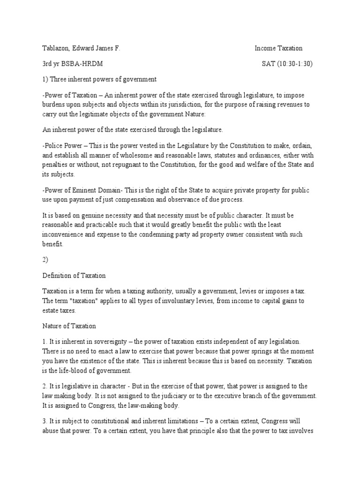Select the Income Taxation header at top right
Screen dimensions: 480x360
pyautogui.click(x=278, y=48)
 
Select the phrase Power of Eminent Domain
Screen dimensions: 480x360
pyautogui.click(x=78, y=189)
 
